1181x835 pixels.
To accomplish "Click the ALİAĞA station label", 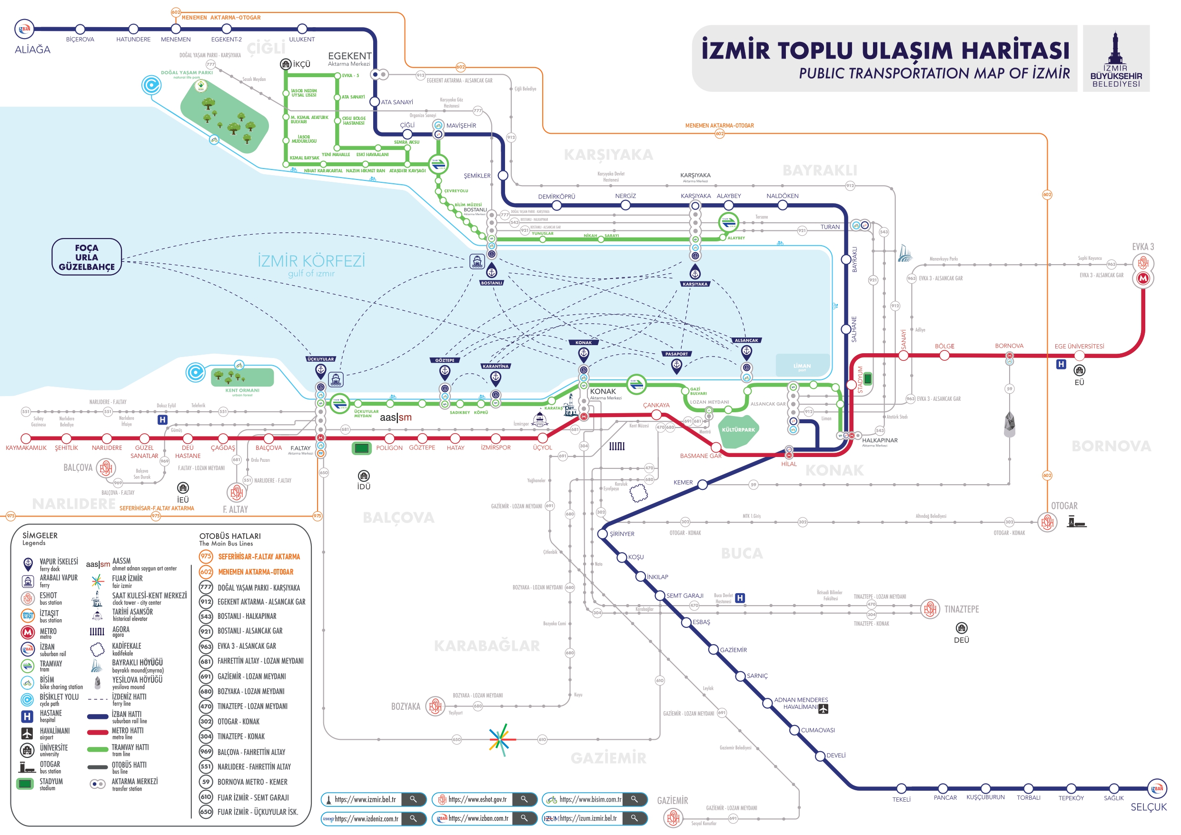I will (32, 50).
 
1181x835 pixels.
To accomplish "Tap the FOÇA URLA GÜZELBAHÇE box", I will (87, 257).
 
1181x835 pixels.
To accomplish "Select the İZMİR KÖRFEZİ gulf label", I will (311, 261).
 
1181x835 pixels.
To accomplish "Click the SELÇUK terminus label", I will (1148, 807).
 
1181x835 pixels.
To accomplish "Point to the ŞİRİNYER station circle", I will (603, 534).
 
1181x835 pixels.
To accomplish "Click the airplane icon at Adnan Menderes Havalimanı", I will (824, 708).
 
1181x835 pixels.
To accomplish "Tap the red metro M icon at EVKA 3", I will (1143, 278).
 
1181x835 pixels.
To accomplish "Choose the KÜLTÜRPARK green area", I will (739, 429).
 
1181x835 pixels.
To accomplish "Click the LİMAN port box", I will (802, 366).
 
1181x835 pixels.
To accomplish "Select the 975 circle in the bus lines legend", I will (206, 556).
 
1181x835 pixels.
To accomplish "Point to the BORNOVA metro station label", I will (1009, 346).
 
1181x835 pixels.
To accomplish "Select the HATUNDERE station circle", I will (133, 29).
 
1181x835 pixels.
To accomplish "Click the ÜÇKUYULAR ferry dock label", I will (320, 359).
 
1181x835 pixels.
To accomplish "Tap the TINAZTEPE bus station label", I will (962, 609).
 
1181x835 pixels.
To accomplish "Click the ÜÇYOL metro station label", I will (542, 447).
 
